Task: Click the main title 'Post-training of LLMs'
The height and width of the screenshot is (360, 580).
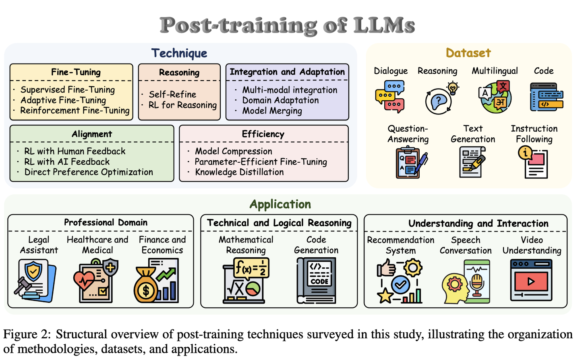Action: (x=287, y=25)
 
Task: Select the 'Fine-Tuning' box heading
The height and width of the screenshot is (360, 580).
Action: (x=76, y=72)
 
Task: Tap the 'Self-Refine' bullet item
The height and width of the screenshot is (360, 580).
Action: (x=172, y=94)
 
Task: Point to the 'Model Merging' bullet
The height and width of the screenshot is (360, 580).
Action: (x=272, y=111)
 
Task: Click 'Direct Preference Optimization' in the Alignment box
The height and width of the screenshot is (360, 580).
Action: (x=89, y=172)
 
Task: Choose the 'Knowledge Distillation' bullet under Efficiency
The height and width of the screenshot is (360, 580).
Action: (x=239, y=172)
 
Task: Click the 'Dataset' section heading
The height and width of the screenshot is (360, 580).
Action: (x=468, y=53)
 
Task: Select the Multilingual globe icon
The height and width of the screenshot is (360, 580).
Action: (x=495, y=97)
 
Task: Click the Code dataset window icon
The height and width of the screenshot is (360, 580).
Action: (x=546, y=97)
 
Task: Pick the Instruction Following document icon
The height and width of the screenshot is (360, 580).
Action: (x=533, y=162)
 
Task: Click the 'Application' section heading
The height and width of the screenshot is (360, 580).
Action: (x=280, y=204)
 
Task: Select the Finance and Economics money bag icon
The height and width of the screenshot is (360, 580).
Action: (x=156, y=281)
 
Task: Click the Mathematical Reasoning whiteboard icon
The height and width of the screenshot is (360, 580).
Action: (x=245, y=280)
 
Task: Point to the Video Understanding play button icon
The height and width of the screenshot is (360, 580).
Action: (x=531, y=281)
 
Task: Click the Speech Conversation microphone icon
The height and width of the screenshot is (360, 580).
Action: (x=466, y=281)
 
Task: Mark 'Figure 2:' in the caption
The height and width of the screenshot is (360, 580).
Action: (x=27, y=334)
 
